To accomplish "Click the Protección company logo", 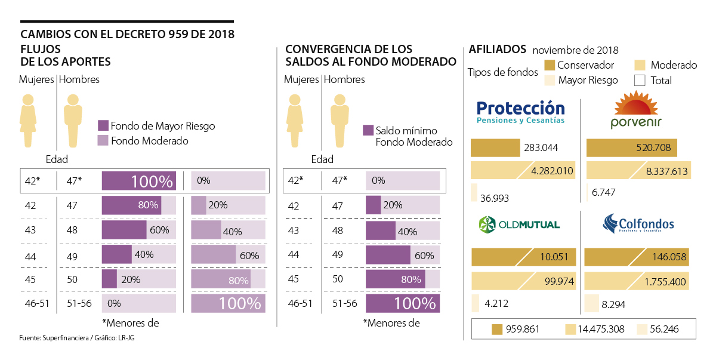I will [x=520, y=112].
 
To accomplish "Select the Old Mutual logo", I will [x=519, y=224].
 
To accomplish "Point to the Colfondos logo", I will [x=638, y=224].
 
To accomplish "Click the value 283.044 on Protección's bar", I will [x=541, y=147].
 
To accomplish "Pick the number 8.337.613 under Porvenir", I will [x=666, y=171].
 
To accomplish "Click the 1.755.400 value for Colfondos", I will [x=665, y=282].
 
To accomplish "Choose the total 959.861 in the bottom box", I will [x=523, y=329].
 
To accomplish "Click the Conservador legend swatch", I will [x=550, y=65].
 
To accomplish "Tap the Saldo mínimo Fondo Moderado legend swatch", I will [x=368, y=130].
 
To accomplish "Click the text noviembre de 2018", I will [x=575, y=50].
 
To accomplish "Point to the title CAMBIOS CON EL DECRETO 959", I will [x=127, y=34].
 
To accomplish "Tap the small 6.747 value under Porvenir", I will [x=603, y=192].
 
